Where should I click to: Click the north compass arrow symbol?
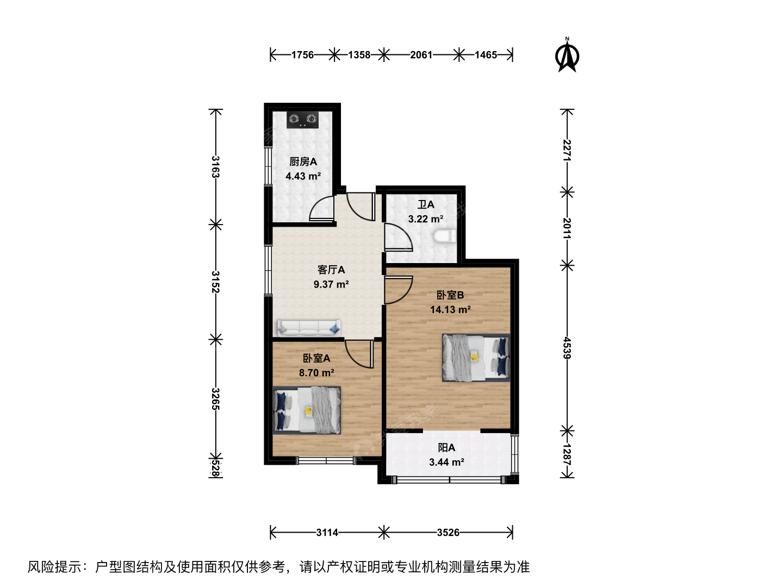(567, 55)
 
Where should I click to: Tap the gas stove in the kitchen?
(302, 120)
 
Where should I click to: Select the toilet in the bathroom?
(445, 236)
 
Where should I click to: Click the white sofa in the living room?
(309, 328)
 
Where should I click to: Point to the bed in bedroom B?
(476, 358)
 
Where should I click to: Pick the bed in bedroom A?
(307, 410)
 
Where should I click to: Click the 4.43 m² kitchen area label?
(303, 176)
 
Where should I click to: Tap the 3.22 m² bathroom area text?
(426, 219)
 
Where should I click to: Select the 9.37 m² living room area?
(331, 284)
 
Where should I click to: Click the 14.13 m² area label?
(450, 310)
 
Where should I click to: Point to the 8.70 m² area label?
(316, 373)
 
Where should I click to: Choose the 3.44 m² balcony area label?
(446, 462)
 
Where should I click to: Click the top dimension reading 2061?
(421, 55)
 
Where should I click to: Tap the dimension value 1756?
(302, 55)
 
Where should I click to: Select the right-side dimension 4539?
(567, 348)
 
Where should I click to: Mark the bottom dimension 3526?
(448, 533)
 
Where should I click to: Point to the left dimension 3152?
(215, 282)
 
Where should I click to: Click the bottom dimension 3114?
(327, 533)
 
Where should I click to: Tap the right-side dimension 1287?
(567, 454)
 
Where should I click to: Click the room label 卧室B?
(450, 295)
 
